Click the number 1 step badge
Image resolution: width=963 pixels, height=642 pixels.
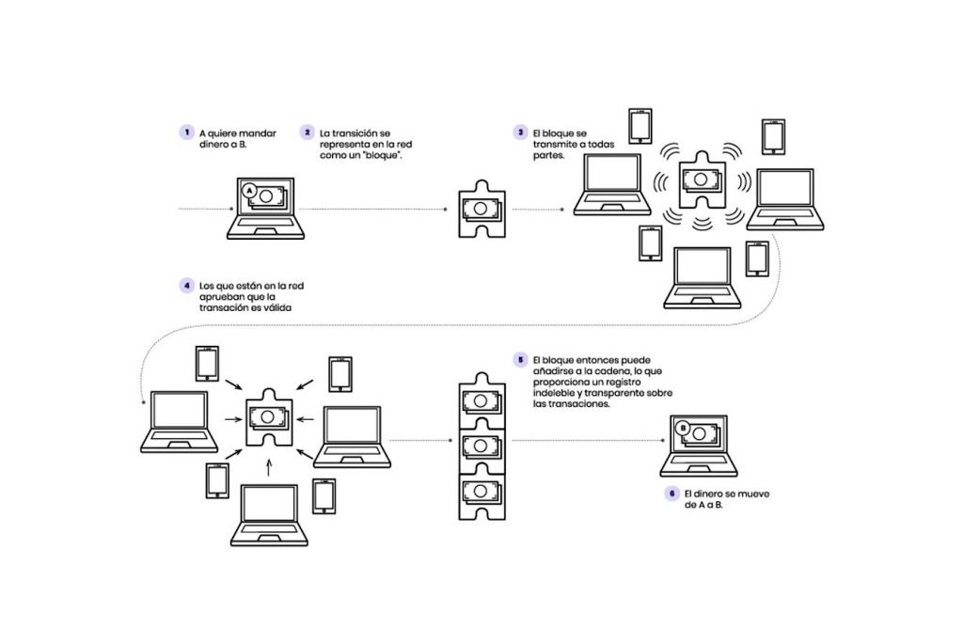pos(187,133)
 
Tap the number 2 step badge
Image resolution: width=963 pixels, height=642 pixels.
pos(308,133)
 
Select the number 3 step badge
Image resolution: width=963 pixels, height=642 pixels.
pos(519,133)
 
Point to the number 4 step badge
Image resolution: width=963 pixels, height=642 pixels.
pos(187,284)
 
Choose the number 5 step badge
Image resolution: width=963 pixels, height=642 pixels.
pos(519,359)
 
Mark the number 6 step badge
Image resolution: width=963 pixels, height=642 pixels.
pos(671,493)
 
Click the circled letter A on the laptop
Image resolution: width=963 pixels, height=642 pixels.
pos(249,190)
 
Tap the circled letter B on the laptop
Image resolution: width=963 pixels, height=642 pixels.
pos(684,429)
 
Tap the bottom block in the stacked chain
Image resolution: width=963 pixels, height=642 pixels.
pos(480,492)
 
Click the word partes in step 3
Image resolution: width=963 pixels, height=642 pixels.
pos(548,156)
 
